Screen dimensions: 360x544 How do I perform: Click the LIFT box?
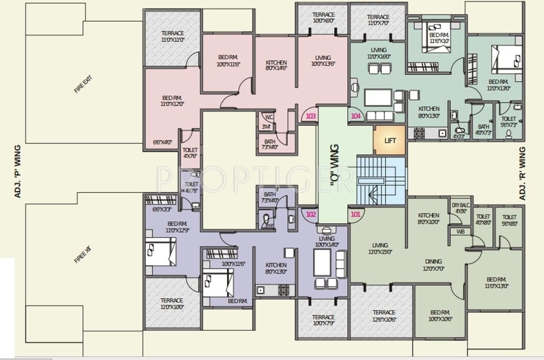pos(390,140)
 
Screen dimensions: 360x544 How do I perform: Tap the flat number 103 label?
pos(310,116)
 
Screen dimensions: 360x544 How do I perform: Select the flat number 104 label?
pos(356,116)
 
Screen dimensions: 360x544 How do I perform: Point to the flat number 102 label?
pos(310,215)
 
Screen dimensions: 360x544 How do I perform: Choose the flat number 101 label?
pos(356,215)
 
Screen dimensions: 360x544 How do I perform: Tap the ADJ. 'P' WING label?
pos(18,171)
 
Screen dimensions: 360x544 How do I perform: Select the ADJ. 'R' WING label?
pos(522,173)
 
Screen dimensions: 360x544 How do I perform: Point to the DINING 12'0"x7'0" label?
pos(433,265)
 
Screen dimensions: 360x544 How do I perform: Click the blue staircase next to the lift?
pos(380,181)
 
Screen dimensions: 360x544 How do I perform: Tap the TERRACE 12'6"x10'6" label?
pos(384,316)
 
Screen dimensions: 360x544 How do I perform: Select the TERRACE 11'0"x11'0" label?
pos(172,37)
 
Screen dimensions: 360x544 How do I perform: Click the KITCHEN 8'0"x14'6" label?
pos(276,65)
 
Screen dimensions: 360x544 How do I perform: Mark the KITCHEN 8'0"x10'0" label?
pos(429,218)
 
